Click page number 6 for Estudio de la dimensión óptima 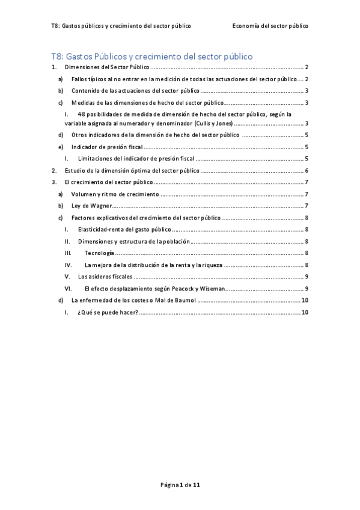pos(307,170)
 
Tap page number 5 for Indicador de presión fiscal pos(307,147)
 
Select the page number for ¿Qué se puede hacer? pos(305,312)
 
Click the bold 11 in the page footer pos(197,484)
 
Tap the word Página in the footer pos(169,484)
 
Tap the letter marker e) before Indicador pos(59,147)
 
